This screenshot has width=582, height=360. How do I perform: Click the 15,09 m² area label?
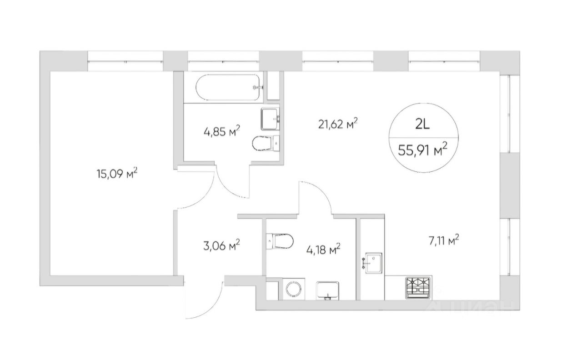117,174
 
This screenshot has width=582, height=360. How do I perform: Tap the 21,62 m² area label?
338,124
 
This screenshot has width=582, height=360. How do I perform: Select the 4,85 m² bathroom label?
222,131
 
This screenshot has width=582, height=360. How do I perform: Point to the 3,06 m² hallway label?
221,245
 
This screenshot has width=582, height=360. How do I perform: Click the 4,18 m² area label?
323,250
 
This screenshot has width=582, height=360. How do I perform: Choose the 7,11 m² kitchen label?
443,241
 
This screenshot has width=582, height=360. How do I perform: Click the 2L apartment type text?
423,125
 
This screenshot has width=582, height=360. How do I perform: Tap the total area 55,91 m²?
423,150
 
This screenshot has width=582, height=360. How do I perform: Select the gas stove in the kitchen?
418,287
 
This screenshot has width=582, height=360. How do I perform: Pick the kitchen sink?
373,263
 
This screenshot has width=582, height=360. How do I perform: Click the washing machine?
293,289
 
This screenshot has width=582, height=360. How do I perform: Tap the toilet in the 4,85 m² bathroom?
266,143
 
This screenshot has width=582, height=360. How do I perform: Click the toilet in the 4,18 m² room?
280,241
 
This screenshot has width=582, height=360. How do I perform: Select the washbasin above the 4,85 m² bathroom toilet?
271,119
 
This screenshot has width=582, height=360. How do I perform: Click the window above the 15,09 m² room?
125,61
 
